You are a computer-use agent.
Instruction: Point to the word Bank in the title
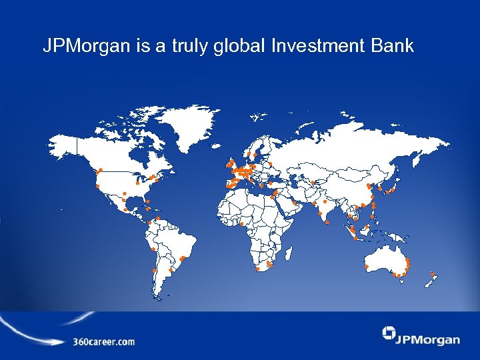tap(395, 46)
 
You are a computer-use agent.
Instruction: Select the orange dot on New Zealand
tap(433, 273)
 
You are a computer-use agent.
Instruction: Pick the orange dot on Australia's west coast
tap(366, 267)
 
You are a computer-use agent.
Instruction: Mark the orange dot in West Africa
tap(242, 223)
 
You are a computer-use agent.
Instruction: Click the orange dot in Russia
tap(270, 163)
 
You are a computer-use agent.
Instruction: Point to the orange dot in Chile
tap(154, 271)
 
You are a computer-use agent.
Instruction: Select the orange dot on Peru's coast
tap(153, 249)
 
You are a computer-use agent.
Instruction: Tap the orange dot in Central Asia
tap(313, 182)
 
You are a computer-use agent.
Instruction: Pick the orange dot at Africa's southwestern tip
tap(258, 269)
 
